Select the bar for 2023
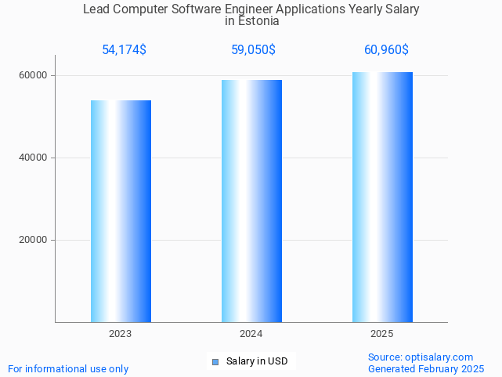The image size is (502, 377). pyautogui.click(x=121, y=211)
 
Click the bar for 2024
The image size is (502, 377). pyautogui.click(x=251, y=201)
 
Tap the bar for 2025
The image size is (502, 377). pyautogui.click(x=382, y=197)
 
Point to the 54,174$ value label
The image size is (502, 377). pyautogui.click(x=124, y=50)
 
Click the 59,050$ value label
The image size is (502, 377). pyautogui.click(x=253, y=50)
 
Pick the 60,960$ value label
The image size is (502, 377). pyautogui.click(x=386, y=50)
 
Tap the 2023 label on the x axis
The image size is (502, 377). pyautogui.click(x=121, y=334)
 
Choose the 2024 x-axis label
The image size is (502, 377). pyautogui.click(x=251, y=334)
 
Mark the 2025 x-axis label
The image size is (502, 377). pyautogui.click(x=382, y=334)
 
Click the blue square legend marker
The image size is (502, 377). pyautogui.click(x=215, y=362)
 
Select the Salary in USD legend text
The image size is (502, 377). pyautogui.click(x=257, y=361)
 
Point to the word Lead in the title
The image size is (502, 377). pyautogui.click(x=96, y=9)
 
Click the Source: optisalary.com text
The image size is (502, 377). pyautogui.click(x=421, y=357)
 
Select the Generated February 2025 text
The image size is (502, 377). pyautogui.click(x=426, y=369)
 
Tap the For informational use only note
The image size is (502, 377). pyautogui.click(x=68, y=369)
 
